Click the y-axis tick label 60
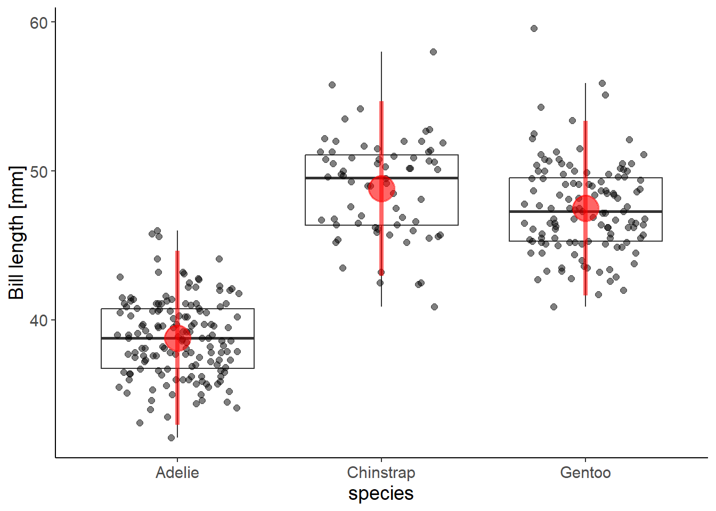pos(38,23)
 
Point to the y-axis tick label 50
pos(38,171)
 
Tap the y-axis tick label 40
pos(38,320)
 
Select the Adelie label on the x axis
pos(177,473)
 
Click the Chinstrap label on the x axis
pos(381,473)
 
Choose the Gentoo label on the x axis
pos(585,473)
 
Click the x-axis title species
pos(381,493)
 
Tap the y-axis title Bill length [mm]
pos(17,233)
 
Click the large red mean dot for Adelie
pos(177,337)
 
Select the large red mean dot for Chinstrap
pos(381,188)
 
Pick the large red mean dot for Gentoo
pos(585,208)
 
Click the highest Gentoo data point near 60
pos(534,29)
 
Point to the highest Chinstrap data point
pos(433,52)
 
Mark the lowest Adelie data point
pos(171,438)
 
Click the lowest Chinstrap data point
pos(434,307)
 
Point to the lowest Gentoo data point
pos(554,307)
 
